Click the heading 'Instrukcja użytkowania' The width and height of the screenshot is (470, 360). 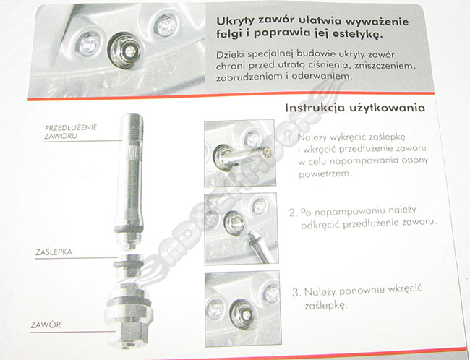355,108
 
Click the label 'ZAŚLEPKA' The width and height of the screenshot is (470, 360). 54,252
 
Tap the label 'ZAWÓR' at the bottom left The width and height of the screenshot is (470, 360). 46,325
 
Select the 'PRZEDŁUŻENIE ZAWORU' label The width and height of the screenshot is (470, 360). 71,132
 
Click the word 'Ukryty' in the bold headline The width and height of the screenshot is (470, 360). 234,21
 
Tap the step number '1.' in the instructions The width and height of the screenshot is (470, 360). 291,138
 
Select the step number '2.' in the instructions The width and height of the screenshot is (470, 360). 294,213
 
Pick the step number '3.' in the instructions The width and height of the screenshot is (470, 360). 296,292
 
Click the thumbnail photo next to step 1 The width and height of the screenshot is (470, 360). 239,153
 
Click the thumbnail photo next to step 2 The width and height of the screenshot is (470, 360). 241,229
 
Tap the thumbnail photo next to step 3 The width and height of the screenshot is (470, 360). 242,309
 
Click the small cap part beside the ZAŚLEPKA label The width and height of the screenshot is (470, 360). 128,264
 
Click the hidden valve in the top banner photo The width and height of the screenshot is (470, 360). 124,50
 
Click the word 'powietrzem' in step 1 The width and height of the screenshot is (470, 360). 325,174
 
